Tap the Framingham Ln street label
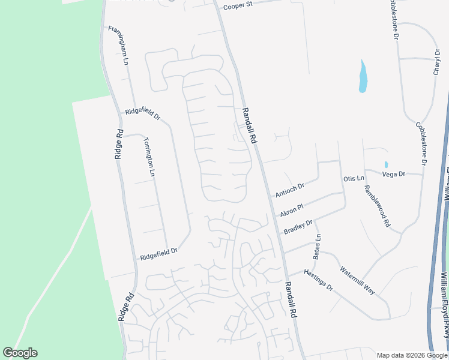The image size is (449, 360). tap(119, 46)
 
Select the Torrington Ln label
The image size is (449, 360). tap(149, 157)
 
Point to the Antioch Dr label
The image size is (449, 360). tap(290, 190)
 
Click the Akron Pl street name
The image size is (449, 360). tap(292, 209)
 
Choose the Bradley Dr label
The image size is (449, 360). tap(298, 227)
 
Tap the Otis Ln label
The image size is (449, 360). tap(354, 179)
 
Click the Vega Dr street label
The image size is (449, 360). tap(394, 173)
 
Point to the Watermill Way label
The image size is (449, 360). tap(357, 280)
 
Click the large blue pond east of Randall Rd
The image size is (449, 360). tap(363, 77)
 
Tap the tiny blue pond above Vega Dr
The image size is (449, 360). tap(385, 164)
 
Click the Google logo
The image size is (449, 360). tap(20, 353)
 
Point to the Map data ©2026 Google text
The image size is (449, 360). tap(412, 355)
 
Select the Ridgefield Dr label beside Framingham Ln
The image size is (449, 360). tap(142, 113)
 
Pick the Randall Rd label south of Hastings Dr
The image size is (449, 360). tap(291, 299)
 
